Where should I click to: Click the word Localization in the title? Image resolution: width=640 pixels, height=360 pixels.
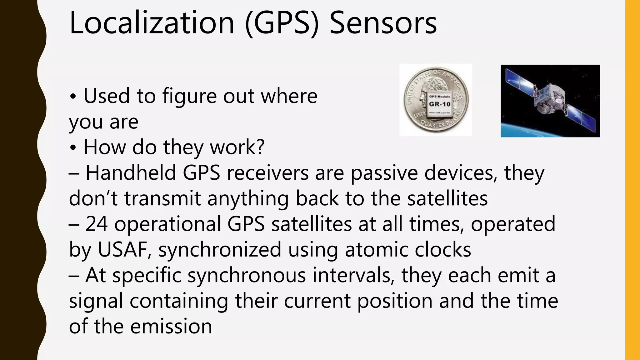tap(152, 23)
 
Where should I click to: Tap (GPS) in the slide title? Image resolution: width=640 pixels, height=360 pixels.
tap(282, 24)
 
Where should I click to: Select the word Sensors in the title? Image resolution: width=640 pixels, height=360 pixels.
tap(383, 23)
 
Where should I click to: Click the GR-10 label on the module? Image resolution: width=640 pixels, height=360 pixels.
tap(440, 104)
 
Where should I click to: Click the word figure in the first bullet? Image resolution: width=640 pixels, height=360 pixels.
tap(189, 96)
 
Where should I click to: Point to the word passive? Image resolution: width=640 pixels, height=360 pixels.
tap(384, 173)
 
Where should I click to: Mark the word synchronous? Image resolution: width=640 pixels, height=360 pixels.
tap(247, 276)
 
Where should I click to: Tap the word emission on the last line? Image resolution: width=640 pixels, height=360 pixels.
tap(171, 327)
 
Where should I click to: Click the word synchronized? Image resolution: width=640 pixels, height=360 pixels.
tap(220, 250)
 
